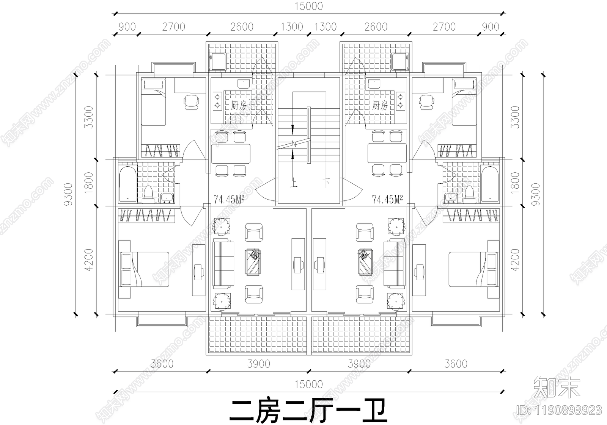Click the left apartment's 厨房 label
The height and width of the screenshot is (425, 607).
[238, 105]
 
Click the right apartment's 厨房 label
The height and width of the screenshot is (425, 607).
[380, 105]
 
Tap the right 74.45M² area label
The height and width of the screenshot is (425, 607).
[387, 199]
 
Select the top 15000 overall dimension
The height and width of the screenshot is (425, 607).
[308, 6]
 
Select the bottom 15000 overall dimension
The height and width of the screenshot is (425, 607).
[308, 384]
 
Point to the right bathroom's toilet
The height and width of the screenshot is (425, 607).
[469, 193]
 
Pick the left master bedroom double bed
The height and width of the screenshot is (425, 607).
[145, 269]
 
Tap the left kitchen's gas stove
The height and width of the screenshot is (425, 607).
[218, 101]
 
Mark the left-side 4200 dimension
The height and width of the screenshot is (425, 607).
[89, 259]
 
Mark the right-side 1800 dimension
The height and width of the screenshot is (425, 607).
[515, 183]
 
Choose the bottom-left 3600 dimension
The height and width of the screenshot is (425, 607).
[162, 364]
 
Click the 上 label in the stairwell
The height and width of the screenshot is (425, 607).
[293, 183]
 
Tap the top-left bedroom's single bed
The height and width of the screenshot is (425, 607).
[153, 102]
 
